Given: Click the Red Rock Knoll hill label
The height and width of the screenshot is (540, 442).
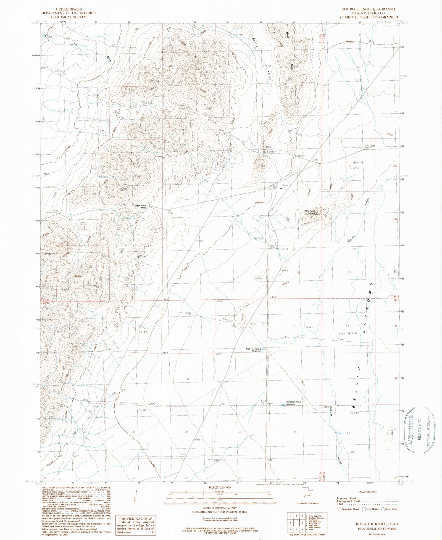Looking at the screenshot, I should (310, 212).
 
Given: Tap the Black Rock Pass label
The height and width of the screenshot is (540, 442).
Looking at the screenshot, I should (140, 206).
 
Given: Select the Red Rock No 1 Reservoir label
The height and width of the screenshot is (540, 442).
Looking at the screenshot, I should (253, 350).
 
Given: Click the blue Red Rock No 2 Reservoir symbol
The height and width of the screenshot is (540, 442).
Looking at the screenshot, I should (282, 405).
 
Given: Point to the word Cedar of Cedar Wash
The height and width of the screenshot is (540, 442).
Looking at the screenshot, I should (73, 44).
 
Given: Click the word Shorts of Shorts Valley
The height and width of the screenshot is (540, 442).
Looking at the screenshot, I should (255, 42).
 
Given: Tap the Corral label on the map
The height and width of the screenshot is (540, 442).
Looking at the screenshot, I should (146, 328).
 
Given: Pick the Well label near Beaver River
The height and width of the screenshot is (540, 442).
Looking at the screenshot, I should (341, 433).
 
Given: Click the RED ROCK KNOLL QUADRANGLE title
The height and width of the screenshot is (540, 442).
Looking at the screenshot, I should (369, 9).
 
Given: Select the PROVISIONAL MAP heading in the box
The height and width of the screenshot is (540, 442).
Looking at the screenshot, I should (135, 518).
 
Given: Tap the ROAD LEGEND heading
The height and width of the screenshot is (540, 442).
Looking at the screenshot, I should (367, 492).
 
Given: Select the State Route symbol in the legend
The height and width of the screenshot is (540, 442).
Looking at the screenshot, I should (383, 509).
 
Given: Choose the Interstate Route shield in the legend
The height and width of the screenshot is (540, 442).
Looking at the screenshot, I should (339, 509).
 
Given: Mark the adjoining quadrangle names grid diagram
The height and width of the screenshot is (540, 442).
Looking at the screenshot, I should (296, 523).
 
